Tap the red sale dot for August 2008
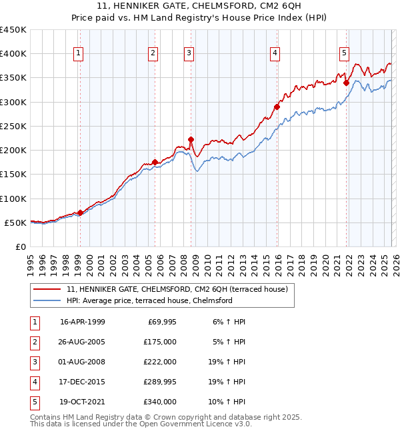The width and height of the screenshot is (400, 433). (x=191, y=140)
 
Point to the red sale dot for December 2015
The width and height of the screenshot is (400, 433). (x=277, y=107)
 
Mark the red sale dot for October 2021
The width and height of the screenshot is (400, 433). (x=346, y=83)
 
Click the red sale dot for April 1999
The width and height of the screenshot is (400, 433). (x=81, y=213)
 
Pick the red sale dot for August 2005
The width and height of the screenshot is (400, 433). (x=155, y=162)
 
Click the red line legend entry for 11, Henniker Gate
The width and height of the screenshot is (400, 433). (x=177, y=290)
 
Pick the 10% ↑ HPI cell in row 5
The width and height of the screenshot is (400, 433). (x=229, y=402)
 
